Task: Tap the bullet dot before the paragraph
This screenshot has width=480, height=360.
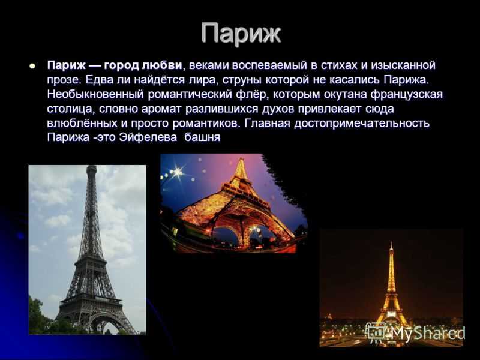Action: tap(32, 66)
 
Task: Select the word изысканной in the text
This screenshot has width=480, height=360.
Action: tap(403, 65)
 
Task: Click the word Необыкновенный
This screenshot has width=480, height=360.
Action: tap(95, 94)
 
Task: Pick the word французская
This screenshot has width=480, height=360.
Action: tap(407, 94)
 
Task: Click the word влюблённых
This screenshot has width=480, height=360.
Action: tap(82, 123)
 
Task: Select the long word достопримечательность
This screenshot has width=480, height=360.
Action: tap(362, 123)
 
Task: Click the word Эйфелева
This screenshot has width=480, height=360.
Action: tap(148, 137)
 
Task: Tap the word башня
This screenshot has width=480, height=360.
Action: tap(202, 137)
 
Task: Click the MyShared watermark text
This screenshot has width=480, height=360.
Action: tap(428, 333)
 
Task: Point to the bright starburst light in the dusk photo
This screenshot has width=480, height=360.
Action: tap(176, 172)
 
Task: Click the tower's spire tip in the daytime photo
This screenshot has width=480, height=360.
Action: tap(92, 167)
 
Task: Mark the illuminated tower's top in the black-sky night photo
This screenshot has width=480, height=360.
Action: tap(391, 244)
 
